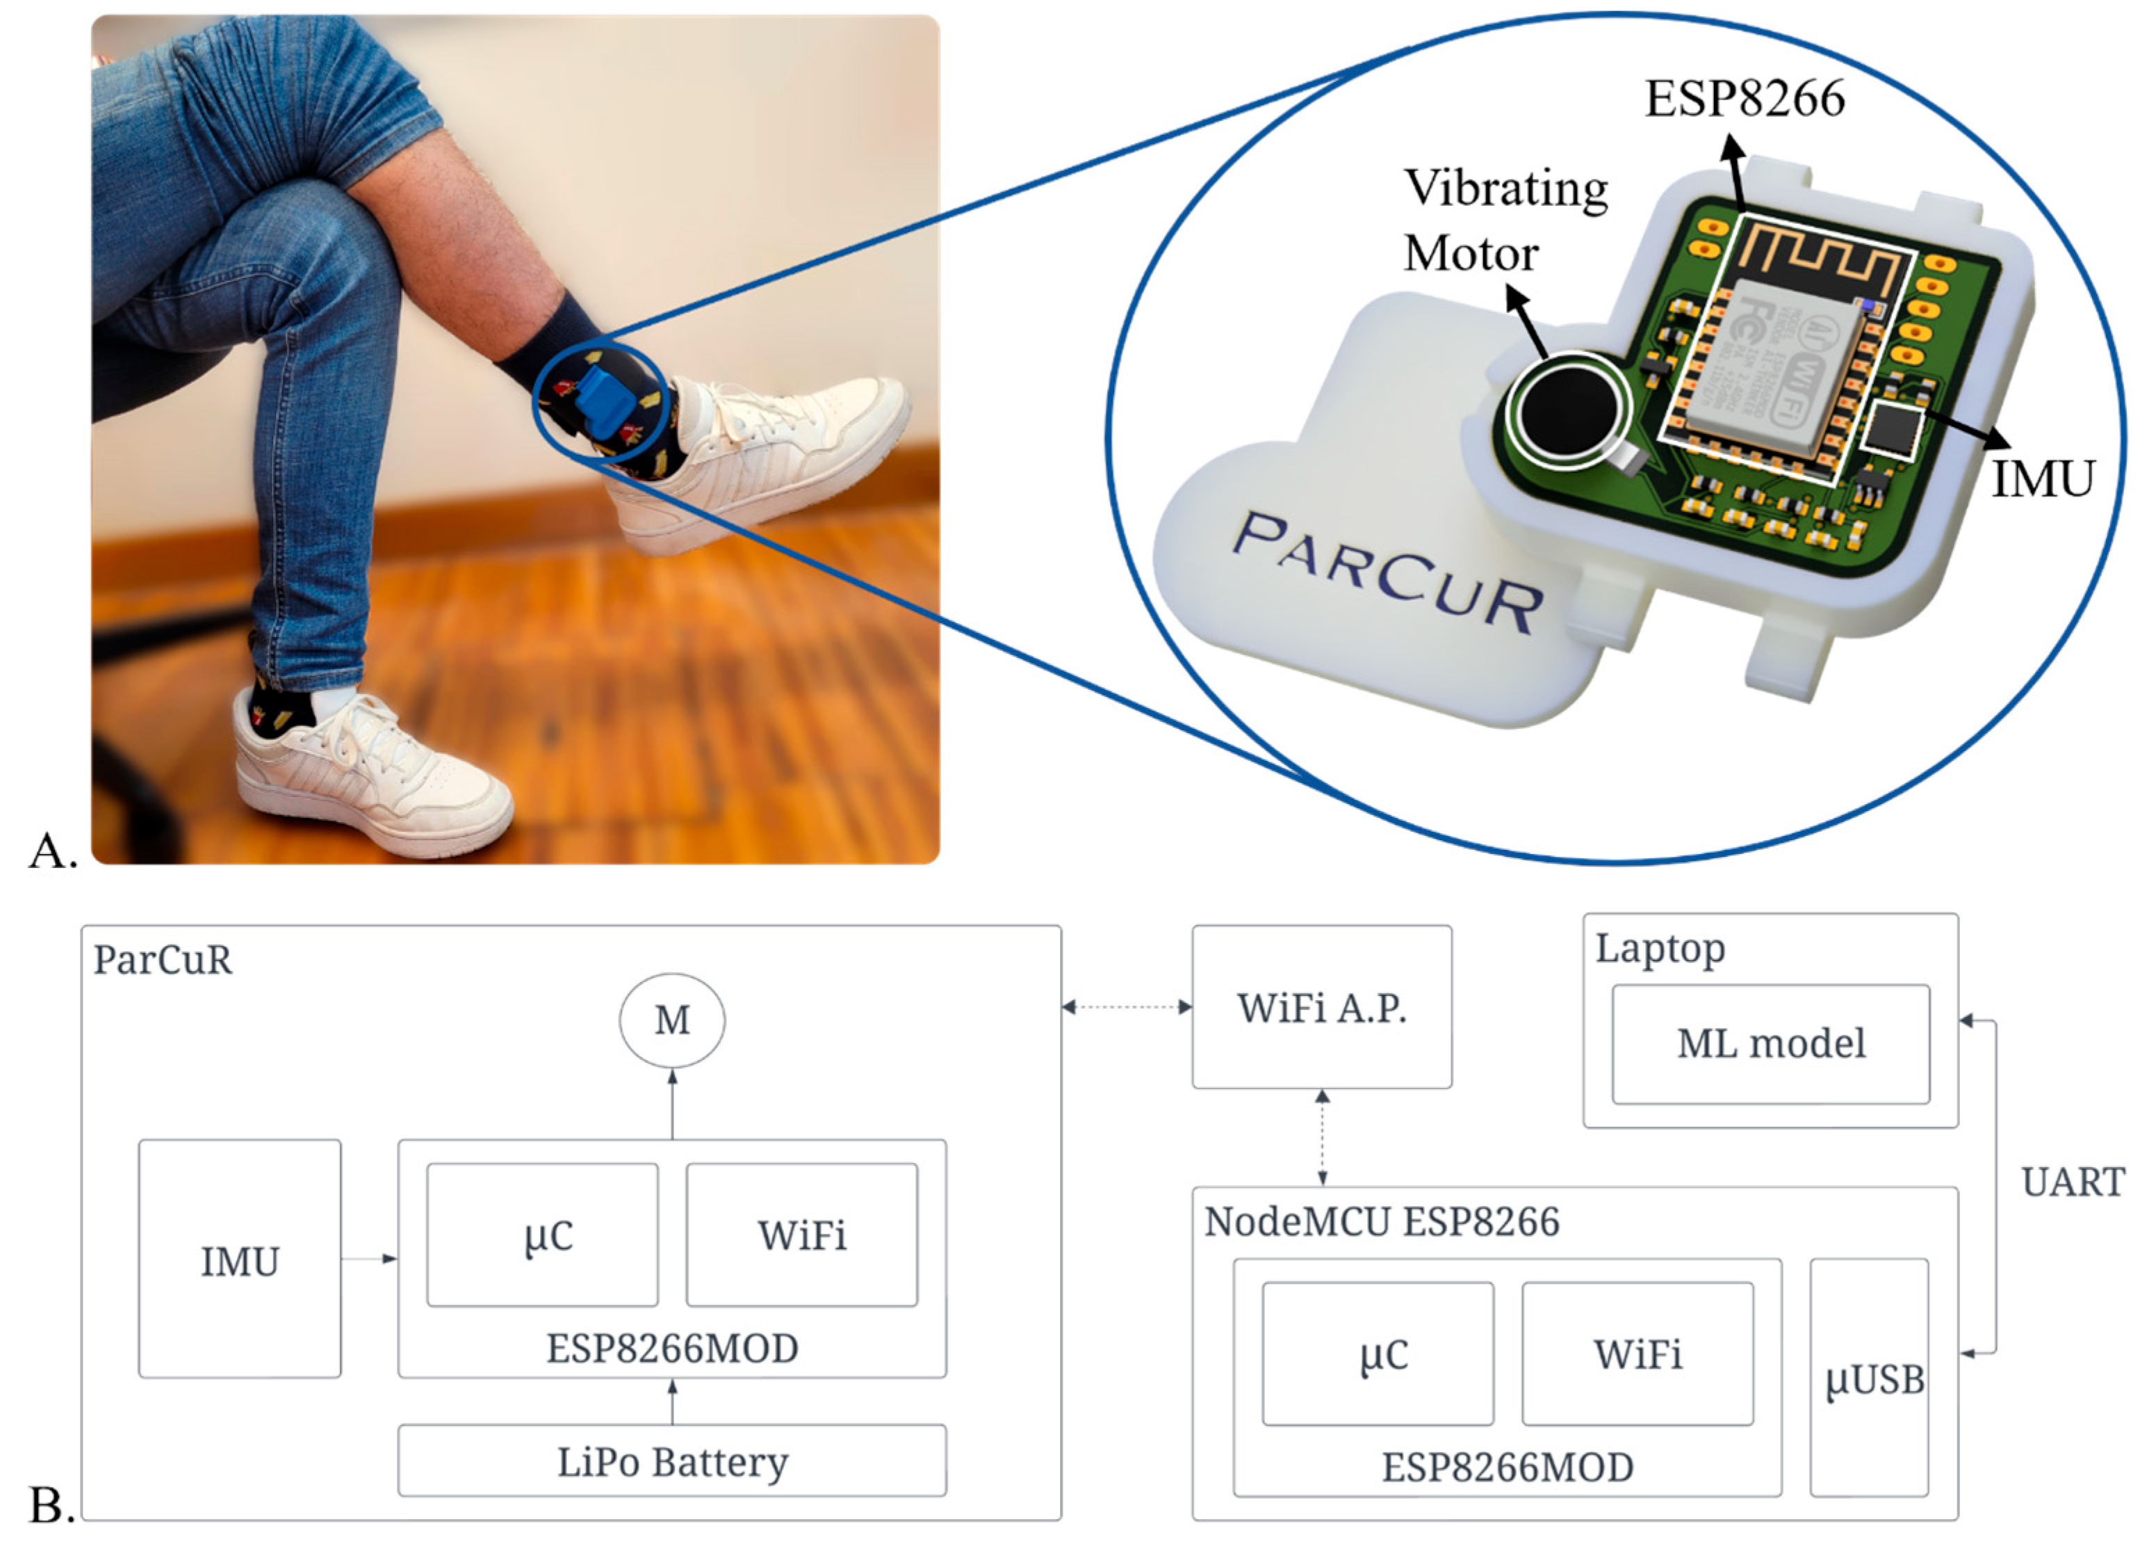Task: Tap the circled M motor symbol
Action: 672,1020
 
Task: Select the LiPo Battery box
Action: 672,1462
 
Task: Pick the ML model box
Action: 1770,1044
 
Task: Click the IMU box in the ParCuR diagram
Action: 240,1260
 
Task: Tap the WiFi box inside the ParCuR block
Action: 801,1235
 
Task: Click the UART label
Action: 2072,1182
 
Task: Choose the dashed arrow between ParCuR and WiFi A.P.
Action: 1127,1007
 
